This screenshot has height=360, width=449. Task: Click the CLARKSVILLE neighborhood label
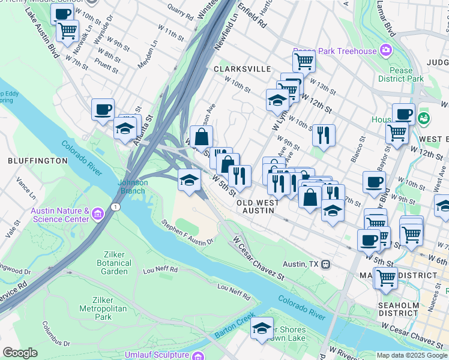[x=242, y=69]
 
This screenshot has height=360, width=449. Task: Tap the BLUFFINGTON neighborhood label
[x=37, y=161]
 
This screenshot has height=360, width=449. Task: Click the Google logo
[x=20, y=353]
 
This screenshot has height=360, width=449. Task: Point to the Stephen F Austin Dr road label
[x=187, y=232]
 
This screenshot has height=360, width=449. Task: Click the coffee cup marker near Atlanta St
[x=103, y=109]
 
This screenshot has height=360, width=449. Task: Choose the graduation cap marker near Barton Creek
[x=262, y=328]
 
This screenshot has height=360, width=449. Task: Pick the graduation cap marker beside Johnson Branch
[x=189, y=180]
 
